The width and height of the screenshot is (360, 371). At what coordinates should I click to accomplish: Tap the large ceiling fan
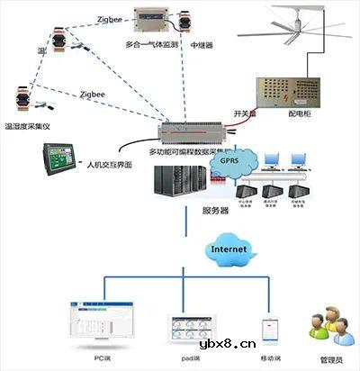297,28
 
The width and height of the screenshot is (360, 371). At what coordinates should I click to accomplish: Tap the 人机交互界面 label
110,166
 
